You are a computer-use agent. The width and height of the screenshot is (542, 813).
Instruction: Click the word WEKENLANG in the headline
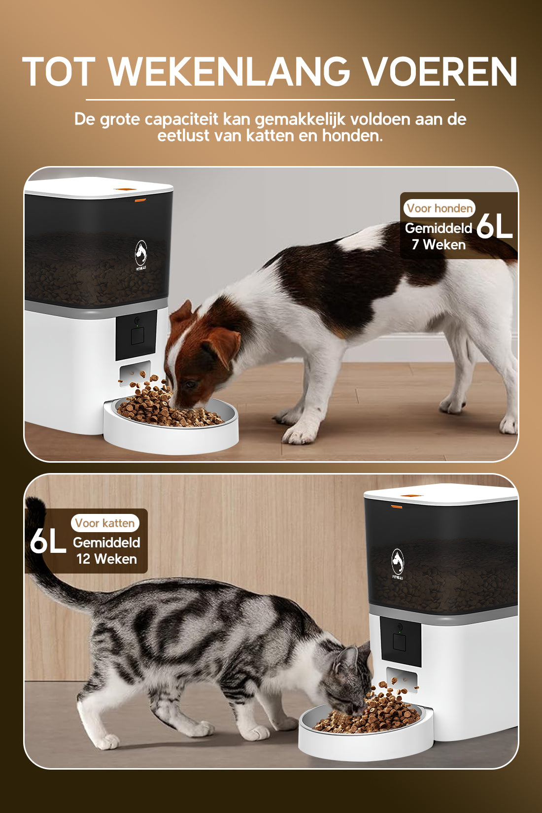tap(229, 72)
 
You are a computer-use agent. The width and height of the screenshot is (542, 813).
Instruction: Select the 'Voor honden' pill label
tap(440, 208)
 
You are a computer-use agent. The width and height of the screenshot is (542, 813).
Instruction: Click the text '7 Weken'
tap(439, 245)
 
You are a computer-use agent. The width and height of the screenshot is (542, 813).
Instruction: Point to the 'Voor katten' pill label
tap(105, 523)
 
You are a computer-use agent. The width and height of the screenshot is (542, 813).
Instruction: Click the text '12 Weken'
tap(106, 559)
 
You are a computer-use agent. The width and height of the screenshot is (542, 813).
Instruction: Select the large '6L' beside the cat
tap(48, 542)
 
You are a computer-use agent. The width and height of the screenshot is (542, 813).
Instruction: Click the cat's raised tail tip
tap(34, 508)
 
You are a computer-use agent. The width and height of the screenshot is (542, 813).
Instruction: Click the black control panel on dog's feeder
tap(136, 335)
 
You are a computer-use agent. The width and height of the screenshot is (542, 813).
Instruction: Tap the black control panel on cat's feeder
tap(400, 641)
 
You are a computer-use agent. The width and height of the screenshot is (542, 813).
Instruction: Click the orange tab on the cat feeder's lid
tap(397, 506)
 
